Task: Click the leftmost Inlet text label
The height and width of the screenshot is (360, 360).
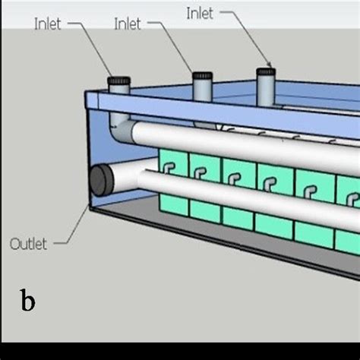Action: pos(46,24)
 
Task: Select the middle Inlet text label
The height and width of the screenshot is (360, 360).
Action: pos(127,24)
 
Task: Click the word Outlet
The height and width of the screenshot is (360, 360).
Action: pos(28,244)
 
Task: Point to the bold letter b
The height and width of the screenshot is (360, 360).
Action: pos(27,301)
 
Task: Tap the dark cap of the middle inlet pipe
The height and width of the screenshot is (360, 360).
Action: pos(201,77)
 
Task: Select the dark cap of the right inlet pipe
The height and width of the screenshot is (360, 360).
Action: pos(265,73)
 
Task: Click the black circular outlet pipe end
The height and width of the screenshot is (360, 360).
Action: pos(102,182)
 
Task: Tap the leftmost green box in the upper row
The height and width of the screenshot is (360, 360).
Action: pos(171,162)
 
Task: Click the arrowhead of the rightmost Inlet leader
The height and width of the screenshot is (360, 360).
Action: pos(269,66)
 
